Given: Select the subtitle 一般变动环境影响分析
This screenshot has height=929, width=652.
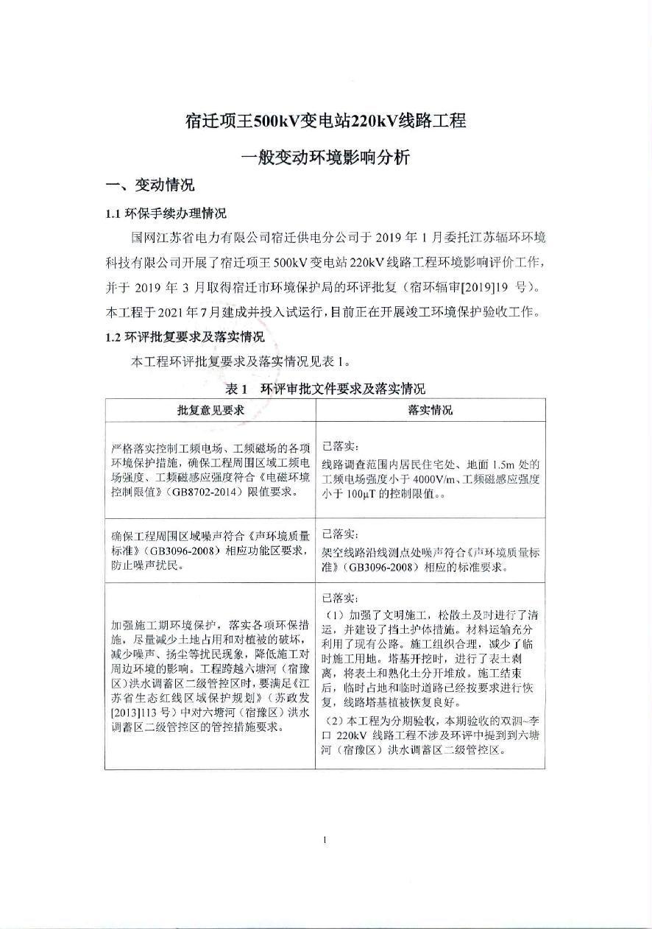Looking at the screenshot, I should coord(325,157).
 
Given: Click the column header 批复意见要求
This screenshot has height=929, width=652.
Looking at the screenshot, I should coord(210,410).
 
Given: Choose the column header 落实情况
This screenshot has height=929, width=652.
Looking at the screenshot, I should coord(430,410).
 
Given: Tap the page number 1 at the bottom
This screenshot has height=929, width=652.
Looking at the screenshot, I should coord(325,839).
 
